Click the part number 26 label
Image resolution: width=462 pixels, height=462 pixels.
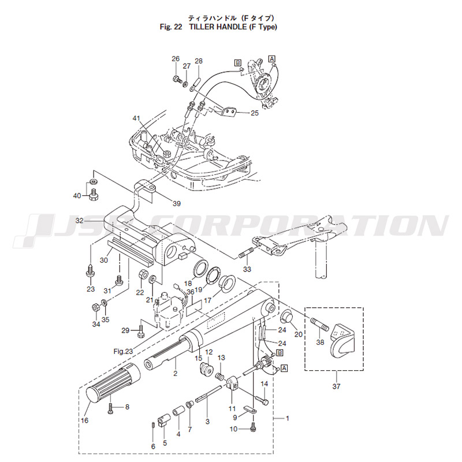pos(176,59)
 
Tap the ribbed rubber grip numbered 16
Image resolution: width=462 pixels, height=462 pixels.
pos(110,385)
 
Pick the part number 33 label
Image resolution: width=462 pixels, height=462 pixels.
pos(247,269)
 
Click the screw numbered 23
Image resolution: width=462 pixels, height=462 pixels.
pos(91,270)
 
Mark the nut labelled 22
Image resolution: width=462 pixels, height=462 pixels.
pos(140,274)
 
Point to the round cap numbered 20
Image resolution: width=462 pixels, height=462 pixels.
pos(285,318)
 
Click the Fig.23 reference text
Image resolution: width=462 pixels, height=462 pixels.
pos(123,351)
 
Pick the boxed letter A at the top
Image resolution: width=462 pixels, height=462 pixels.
pos(272,58)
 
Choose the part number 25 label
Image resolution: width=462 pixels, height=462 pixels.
pos(254,113)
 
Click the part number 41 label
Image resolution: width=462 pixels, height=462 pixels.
pos(136,118)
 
